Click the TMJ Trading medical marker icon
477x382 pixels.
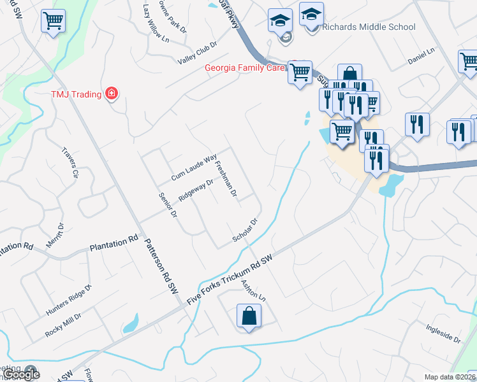click(112, 94)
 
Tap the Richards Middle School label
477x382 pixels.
click(369, 27)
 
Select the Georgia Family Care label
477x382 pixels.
click(243, 68)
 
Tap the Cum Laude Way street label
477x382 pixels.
click(194, 167)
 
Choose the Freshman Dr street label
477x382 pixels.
click(226, 178)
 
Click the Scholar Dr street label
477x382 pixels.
click(244, 230)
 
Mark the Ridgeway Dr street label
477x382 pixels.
click(196, 190)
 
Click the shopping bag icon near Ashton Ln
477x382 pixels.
click(249, 316)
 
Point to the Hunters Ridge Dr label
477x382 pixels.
click(69, 301)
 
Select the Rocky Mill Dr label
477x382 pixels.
click(63, 325)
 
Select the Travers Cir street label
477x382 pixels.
click(70, 162)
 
